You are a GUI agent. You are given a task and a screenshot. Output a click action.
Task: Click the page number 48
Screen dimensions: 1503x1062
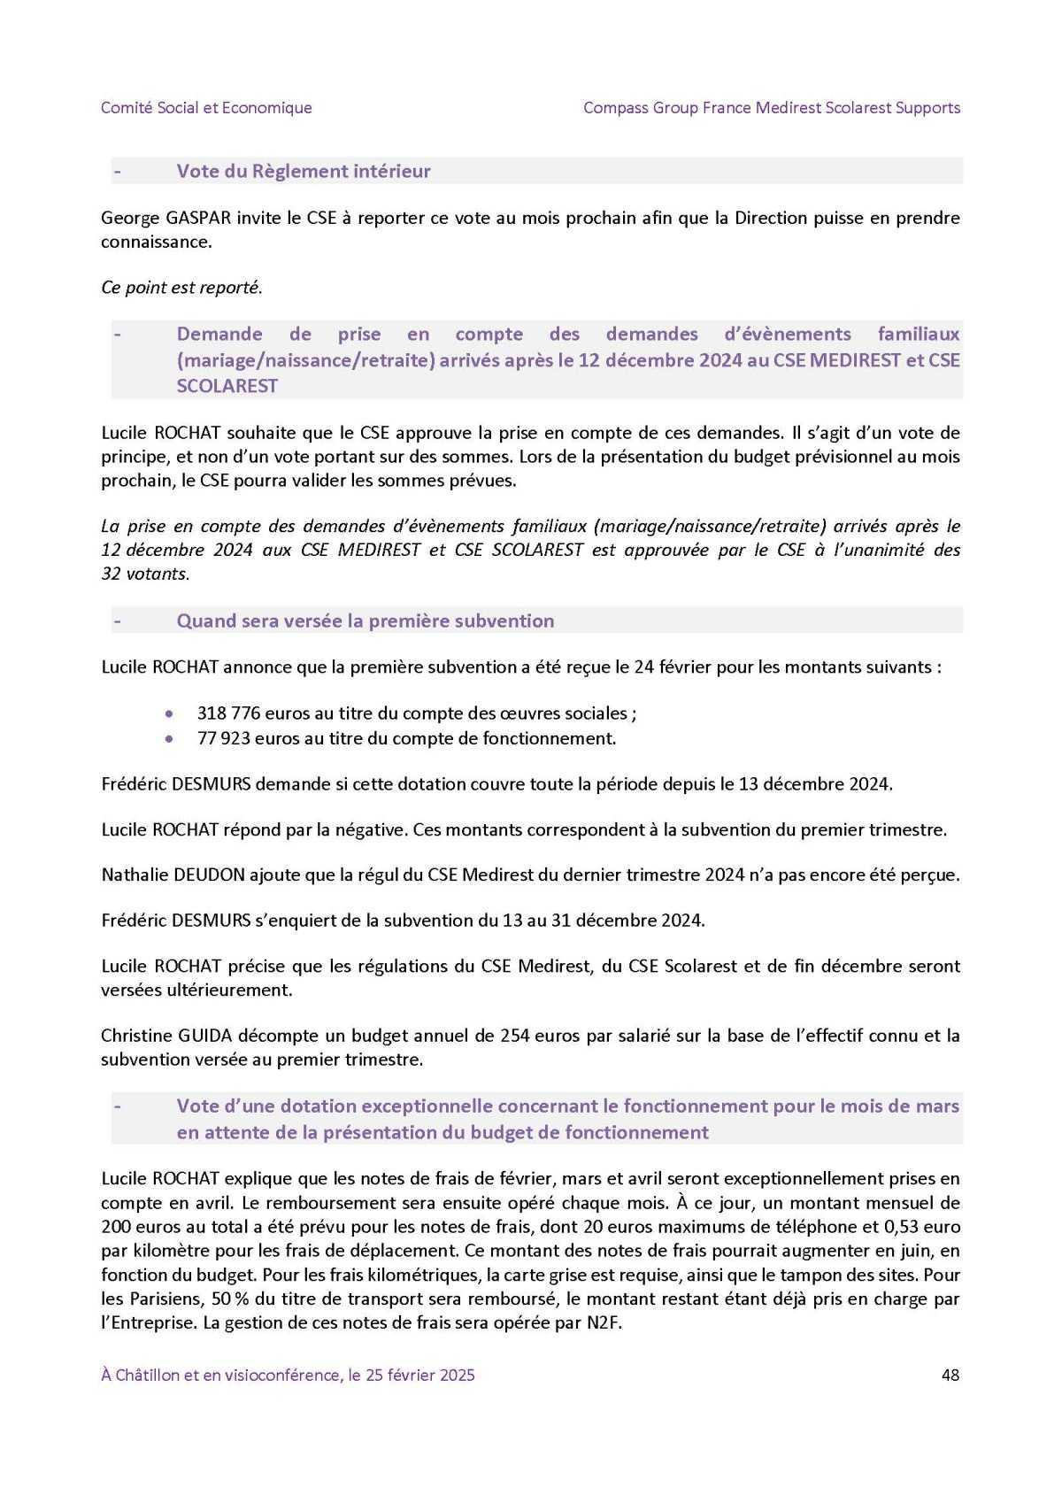pos(950,1375)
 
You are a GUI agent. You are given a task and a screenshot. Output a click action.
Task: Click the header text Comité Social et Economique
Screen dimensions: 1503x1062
pos(206,108)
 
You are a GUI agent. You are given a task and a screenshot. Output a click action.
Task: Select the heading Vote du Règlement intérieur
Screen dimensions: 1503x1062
pos(304,171)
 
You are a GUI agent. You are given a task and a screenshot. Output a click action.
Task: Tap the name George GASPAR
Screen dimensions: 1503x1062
pos(156,218)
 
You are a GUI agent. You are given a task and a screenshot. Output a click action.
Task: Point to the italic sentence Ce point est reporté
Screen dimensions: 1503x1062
pos(181,288)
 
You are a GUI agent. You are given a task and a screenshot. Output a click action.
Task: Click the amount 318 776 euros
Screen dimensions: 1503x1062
pos(256,713)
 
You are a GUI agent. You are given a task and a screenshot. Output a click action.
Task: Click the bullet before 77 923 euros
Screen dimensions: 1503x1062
pos(171,738)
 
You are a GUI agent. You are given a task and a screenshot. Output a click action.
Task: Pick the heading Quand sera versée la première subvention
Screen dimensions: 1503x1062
pos(366,620)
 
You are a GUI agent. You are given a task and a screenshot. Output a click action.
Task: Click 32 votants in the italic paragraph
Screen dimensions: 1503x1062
pos(145,574)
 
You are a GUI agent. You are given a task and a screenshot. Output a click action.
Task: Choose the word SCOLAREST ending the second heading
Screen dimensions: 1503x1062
pos(227,386)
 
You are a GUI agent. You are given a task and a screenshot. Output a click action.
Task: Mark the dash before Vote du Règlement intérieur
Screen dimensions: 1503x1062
pos(117,171)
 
